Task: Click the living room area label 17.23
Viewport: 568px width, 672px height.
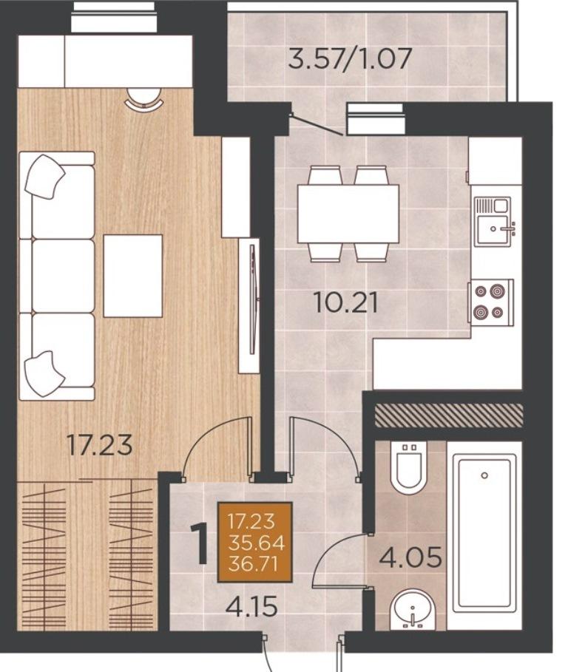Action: [x=100, y=445]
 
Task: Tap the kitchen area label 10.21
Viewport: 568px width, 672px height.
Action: [x=346, y=302]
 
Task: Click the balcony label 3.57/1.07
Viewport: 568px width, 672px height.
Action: [x=350, y=58]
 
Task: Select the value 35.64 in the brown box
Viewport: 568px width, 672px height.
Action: [x=257, y=543]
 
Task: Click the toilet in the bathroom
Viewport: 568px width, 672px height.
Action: [x=410, y=468]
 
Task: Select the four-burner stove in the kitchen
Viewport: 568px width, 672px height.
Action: [x=492, y=302]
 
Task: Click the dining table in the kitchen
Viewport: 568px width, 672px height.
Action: [x=348, y=214]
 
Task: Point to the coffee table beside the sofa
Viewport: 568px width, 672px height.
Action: [x=133, y=276]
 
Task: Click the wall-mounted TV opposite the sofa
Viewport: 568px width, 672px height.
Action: [x=254, y=299]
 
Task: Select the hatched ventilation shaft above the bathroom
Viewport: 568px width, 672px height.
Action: [x=449, y=415]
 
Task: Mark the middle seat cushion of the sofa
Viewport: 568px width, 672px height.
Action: [x=63, y=276]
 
